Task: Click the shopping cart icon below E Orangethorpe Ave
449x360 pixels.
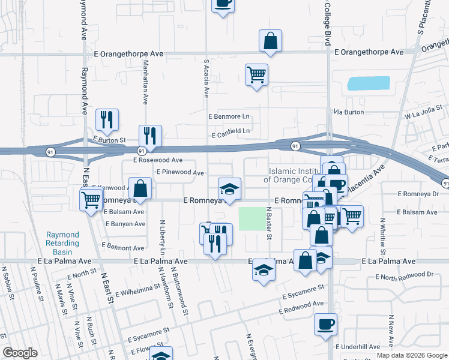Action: pyautogui.click(x=256, y=75)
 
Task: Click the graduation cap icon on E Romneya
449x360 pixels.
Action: pyautogui.click(x=229, y=189)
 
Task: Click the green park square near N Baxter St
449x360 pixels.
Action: pyautogui.click(x=251, y=218)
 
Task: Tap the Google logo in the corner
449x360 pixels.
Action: pyautogui.click(x=20, y=353)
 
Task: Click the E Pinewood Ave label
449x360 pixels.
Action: pyautogui.click(x=180, y=172)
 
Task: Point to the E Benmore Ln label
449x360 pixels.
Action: pyautogui.click(x=228, y=116)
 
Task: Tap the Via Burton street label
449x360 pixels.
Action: pyautogui.click(x=349, y=112)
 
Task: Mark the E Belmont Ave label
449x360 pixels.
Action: pyautogui.click(x=123, y=247)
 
